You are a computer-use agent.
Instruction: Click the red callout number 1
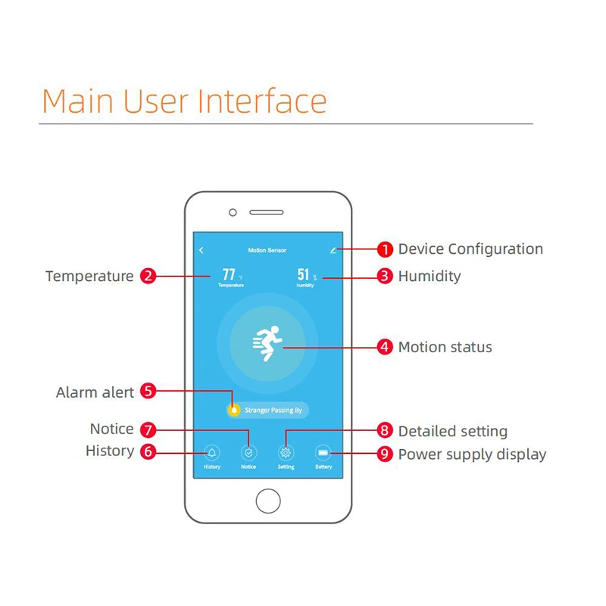[386, 249]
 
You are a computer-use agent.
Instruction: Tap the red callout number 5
[148, 392]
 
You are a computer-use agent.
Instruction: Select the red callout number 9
[386, 454]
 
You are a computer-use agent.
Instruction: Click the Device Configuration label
[470, 249]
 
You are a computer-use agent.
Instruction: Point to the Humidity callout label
[430, 276]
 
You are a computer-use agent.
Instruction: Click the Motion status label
[445, 348]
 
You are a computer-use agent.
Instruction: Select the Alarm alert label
[95, 392]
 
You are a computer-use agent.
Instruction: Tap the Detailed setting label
[453, 432]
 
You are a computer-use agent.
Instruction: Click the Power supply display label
[472, 454]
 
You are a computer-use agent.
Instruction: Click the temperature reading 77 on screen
[229, 275]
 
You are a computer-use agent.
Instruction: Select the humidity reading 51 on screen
[304, 275]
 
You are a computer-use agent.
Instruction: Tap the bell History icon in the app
[212, 453]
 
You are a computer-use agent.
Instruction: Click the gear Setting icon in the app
[286, 453]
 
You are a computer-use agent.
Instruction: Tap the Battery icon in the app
[323, 453]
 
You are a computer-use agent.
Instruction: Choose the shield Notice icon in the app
[248, 453]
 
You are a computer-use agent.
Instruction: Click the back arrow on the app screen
[201, 250]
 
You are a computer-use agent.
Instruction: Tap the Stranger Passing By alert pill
[268, 411]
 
